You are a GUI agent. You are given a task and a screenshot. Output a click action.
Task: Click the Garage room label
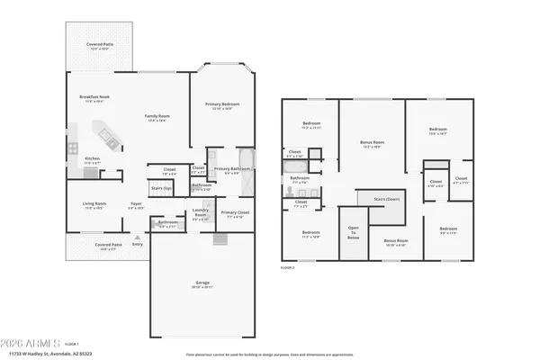(202, 283)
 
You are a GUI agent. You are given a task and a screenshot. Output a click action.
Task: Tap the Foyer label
(136, 205)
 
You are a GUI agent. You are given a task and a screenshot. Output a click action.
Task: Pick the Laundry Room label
(201, 214)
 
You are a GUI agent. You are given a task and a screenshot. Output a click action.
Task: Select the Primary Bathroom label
(231, 169)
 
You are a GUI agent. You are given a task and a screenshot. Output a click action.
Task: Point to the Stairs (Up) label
(161, 188)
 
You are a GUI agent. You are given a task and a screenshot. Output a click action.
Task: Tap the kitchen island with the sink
(108, 137)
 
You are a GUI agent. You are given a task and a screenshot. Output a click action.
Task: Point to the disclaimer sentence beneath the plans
(270, 354)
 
